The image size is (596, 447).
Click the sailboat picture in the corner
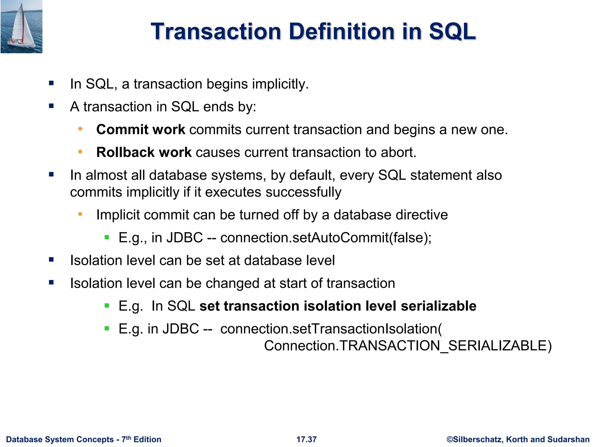click(x=21, y=27)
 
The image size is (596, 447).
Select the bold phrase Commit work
click(x=141, y=130)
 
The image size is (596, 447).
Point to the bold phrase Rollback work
click(x=144, y=152)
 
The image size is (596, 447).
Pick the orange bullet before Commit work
click(x=80, y=129)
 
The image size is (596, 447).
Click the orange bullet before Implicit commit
click(x=80, y=214)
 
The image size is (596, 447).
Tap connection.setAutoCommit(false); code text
click(x=326, y=238)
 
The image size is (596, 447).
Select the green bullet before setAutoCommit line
click(x=107, y=237)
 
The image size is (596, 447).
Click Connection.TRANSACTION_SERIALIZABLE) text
click(x=407, y=346)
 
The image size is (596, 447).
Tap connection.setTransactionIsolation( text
click(x=331, y=329)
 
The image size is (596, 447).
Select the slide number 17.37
click(x=306, y=439)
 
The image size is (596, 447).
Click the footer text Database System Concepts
click(x=60, y=439)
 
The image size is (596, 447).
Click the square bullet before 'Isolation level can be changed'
click(x=52, y=282)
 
